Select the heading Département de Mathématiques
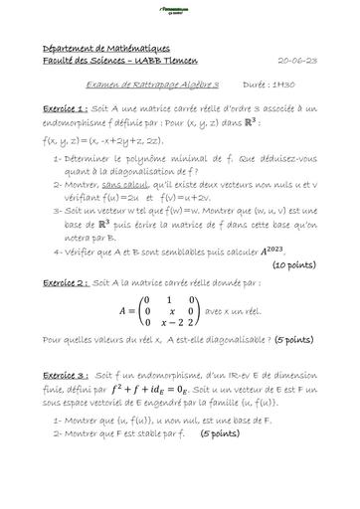pyautogui.click(x=94, y=49)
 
